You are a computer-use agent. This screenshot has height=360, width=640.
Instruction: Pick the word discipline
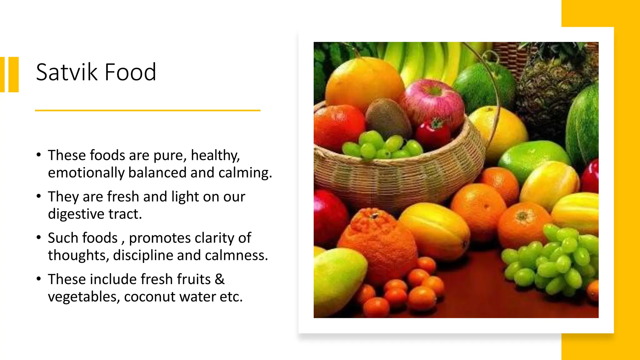[143, 255]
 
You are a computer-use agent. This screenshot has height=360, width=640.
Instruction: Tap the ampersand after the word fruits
[219, 279]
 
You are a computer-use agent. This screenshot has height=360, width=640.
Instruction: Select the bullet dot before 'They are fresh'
[39, 196]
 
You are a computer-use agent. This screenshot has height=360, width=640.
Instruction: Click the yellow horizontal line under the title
[147, 110]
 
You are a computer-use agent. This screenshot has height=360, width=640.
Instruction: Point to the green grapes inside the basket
[381, 145]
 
